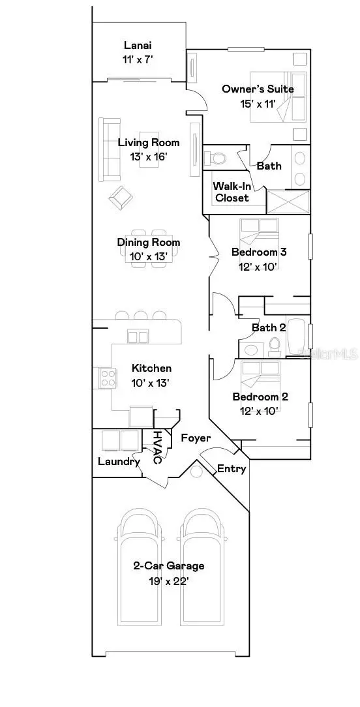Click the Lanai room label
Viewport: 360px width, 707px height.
coord(138,46)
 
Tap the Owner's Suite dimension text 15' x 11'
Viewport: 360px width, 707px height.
coord(258,103)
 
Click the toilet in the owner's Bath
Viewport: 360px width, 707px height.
coord(215,158)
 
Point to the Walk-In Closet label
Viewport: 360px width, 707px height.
coord(231,192)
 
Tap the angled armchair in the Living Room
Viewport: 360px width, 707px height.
coord(119,198)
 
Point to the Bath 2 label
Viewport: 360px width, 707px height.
coord(269,327)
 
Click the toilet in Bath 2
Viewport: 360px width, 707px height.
coord(275,345)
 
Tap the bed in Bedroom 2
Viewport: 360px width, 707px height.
coord(260,375)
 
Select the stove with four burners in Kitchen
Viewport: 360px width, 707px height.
coord(107,378)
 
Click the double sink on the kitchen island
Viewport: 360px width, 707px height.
coord(138,337)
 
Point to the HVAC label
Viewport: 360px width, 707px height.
coord(157,447)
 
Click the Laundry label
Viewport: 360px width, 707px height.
coord(119,462)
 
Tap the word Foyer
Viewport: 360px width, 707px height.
coord(196,438)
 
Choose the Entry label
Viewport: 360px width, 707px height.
coord(232,468)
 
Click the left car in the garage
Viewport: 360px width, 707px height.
coord(138,564)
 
